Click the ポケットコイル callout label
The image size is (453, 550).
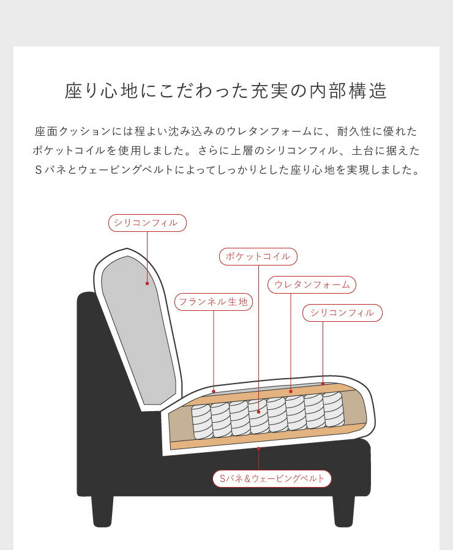pyautogui.click(x=258, y=256)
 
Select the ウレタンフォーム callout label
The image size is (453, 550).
pyautogui.click(x=312, y=284)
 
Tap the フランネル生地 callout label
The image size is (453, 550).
pyautogui.click(x=213, y=302)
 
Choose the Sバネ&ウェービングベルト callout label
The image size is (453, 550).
pyautogui.click(x=272, y=478)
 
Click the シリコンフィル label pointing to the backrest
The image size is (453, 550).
pyautogui.click(x=147, y=223)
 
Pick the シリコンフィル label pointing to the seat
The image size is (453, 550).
pyautogui.click(x=342, y=313)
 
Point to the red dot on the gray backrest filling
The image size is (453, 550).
pyautogui.click(x=148, y=283)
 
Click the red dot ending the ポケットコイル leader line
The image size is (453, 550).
pyautogui.click(x=259, y=412)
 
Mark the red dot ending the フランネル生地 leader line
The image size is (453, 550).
pyautogui.click(x=213, y=390)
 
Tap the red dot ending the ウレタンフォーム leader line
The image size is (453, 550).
pyautogui.click(x=291, y=391)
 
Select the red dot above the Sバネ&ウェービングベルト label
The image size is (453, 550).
pyautogui.click(x=259, y=448)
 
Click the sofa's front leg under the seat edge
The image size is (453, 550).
pyautogui.click(x=343, y=511)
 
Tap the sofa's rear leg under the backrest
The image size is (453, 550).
pyautogui.click(x=102, y=511)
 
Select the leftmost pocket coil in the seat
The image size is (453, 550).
pyautogui.click(x=201, y=421)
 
